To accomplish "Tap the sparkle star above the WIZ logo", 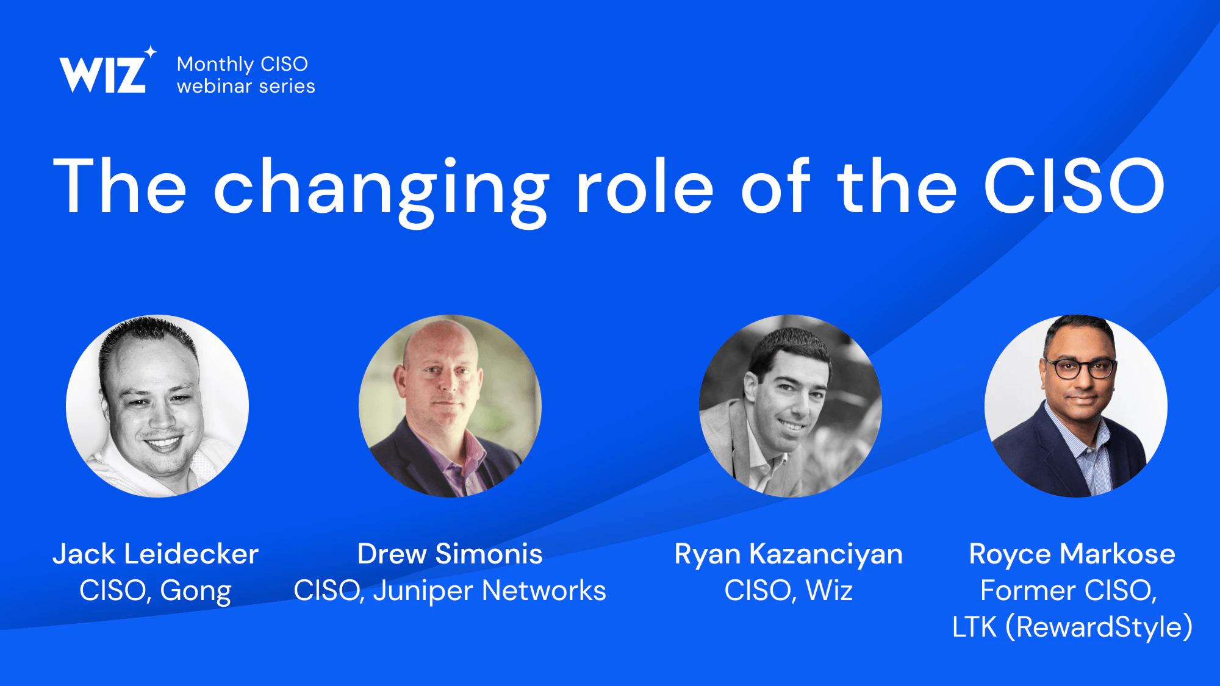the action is [x=150, y=52].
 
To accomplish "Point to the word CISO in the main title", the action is [x=1074, y=186].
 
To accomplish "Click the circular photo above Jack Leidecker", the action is [x=157, y=406].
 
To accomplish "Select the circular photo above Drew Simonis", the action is [x=450, y=406].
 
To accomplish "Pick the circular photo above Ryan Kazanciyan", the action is [x=790, y=406].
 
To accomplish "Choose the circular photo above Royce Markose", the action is [x=1076, y=406].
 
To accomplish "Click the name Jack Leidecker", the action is [x=156, y=554].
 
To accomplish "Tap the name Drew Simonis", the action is [x=450, y=554].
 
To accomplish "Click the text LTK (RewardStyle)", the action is [x=1072, y=627].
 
